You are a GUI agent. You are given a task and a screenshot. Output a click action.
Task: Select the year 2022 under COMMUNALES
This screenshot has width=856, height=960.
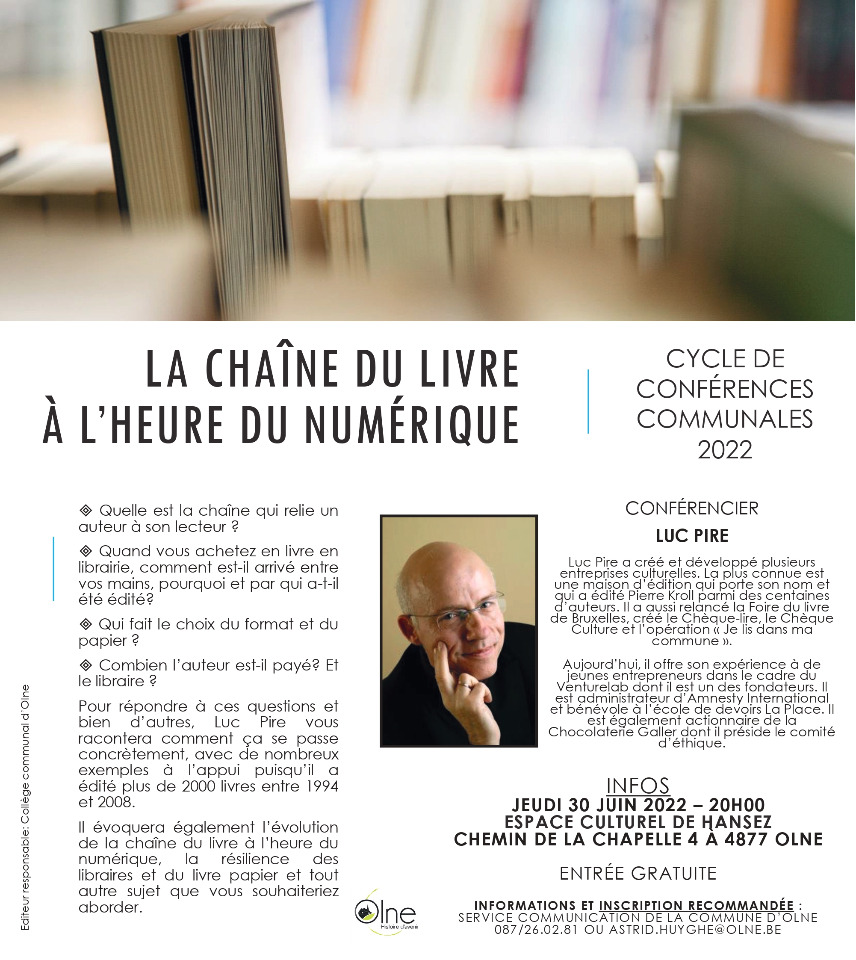tap(725, 450)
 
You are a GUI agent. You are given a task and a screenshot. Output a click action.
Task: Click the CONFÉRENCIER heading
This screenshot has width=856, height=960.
tap(691, 508)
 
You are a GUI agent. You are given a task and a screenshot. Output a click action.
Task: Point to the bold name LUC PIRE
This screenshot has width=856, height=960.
tap(692, 536)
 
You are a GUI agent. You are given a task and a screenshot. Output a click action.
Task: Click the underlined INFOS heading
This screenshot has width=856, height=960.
tap(638, 786)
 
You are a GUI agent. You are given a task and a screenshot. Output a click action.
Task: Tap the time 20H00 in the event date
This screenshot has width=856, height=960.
tap(737, 805)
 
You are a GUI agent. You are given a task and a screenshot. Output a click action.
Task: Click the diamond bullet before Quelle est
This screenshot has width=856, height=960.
tap(86, 510)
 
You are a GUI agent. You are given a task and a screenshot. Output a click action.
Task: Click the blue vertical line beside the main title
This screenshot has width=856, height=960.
tap(588, 401)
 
